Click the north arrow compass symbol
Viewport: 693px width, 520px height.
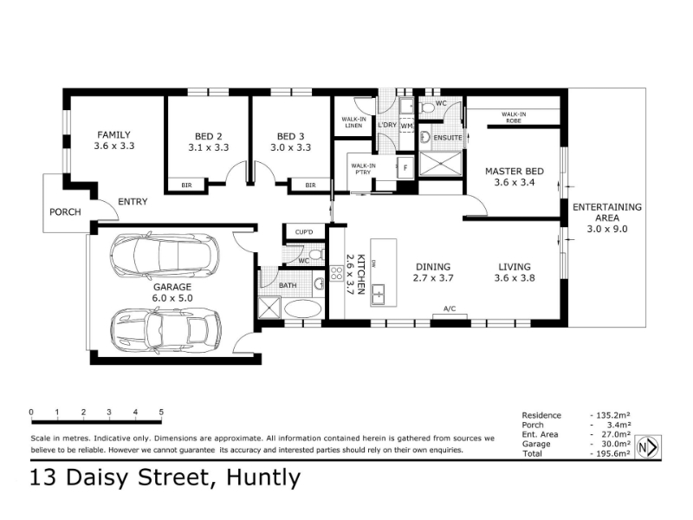click(x=648, y=447)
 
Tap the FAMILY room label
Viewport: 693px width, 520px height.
click(x=114, y=134)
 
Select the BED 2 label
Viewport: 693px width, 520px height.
click(x=208, y=136)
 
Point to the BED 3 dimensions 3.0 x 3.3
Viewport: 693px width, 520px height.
click(x=290, y=147)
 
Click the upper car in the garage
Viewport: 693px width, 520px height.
click(x=165, y=255)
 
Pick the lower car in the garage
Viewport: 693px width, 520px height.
click(x=165, y=330)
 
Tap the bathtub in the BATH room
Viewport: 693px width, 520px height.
click(x=302, y=309)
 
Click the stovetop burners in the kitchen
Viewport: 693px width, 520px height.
click(x=336, y=273)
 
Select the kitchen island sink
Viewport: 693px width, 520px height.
click(x=379, y=294)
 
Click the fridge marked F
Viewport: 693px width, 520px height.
click(x=405, y=167)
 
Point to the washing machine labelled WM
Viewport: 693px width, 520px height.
click(x=406, y=126)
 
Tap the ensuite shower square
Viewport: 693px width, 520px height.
click(x=440, y=163)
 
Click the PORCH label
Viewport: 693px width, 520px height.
click(x=66, y=211)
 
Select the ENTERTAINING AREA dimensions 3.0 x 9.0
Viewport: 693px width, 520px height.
click(x=607, y=229)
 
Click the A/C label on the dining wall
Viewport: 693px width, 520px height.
click(x=450, y=309)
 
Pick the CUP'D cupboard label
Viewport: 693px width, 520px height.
click(x=304, y=231)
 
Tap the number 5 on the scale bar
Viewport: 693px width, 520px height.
click(x=161, y=412)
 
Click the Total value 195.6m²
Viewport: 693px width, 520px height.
click(x=611, y=453)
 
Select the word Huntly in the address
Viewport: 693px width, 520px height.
click(x=263, y=478)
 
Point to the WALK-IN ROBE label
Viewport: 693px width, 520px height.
click(x=514, y=117)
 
